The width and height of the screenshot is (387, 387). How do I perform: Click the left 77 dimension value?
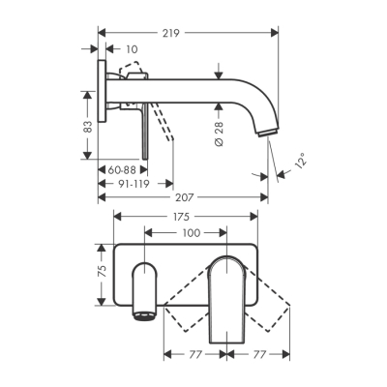coord(196,356)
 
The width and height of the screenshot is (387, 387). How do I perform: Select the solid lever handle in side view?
coord(145,131)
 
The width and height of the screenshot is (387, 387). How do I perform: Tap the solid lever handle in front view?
coord(228,300)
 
